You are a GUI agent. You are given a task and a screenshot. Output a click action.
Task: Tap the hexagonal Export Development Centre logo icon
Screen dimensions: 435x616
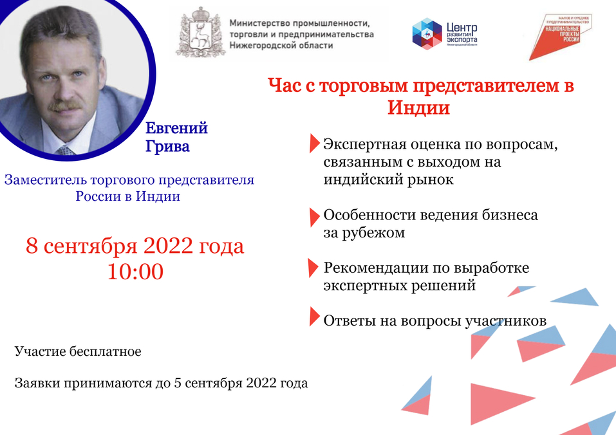point(427,33)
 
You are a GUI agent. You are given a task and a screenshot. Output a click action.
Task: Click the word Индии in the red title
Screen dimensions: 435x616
point(418,107)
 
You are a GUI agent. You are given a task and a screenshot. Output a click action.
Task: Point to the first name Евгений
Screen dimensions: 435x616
point(176,127)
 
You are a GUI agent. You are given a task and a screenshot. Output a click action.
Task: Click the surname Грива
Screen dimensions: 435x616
point(167,146)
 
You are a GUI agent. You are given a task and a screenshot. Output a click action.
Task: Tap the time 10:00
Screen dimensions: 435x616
point(135,271)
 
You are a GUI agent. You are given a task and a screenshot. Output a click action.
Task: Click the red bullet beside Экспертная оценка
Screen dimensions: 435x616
point(314,143)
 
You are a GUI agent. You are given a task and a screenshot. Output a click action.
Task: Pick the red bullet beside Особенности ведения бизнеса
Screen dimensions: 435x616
point(314,216)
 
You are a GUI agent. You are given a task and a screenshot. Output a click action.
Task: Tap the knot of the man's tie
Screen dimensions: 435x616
point(64,151)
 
